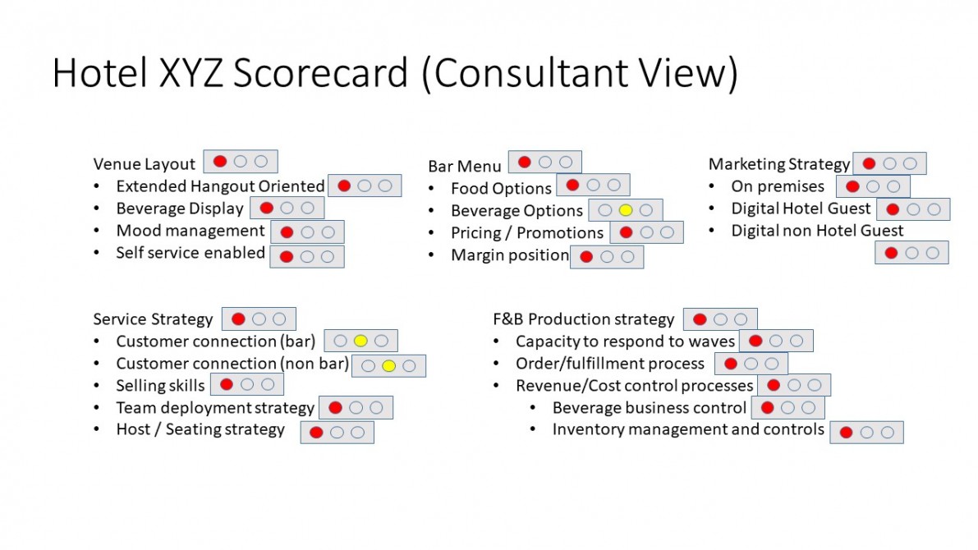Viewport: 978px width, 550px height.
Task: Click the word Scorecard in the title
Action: click(320, 72)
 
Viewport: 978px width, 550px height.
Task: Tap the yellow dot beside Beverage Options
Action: click(626, 211)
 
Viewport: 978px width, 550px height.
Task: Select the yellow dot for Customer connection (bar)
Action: click(360, 341)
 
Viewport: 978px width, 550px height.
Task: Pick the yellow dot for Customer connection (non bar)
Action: click(388, 365)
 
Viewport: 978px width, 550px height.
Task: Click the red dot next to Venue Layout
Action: click(219, 162)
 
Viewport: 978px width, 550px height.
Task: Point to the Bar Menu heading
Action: click(465, 167)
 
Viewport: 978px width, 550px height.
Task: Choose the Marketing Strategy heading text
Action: click(779, 164)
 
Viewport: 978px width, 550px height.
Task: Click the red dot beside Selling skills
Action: click(227, 385)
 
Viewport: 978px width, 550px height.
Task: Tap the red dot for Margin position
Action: click(586, 256)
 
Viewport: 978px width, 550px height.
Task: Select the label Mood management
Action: click(191, 231)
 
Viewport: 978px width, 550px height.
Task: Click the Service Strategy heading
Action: click(153, 319)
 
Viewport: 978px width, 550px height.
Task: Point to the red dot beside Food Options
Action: click(572, 185)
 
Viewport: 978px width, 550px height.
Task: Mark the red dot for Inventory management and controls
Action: click(846, 432)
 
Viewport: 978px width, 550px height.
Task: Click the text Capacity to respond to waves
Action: click(625, 341)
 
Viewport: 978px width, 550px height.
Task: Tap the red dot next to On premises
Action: click(852, 186)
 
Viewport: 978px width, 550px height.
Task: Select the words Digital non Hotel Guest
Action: click(817, 231)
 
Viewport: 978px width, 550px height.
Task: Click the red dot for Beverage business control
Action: click(767, 407)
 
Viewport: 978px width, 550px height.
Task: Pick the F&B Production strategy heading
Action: click(583, 319)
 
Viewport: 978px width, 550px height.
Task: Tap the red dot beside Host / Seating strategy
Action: click(316, 432)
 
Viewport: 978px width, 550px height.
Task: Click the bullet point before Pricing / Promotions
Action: click(431, 233)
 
